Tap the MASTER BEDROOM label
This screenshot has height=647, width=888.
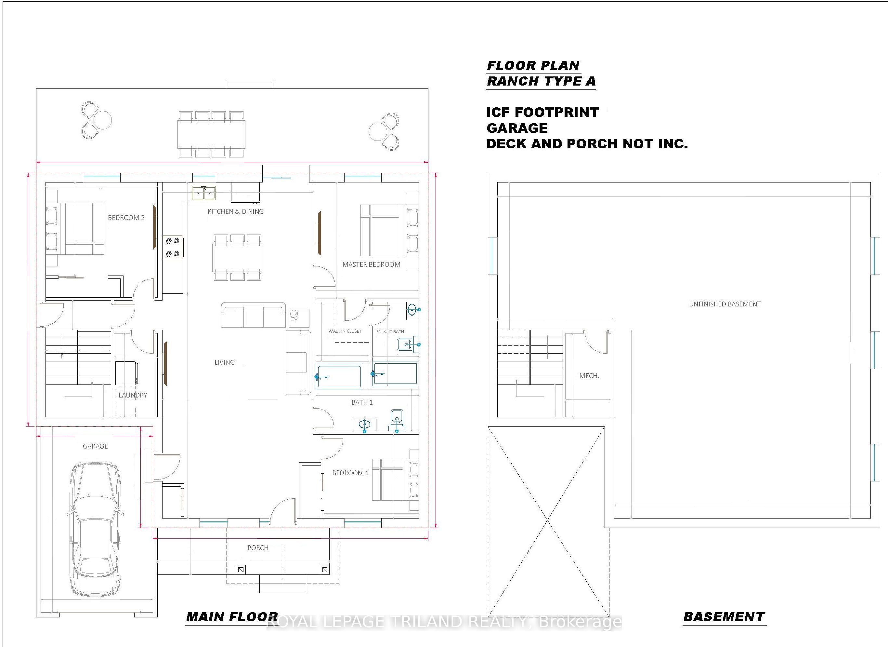tap(371, 264)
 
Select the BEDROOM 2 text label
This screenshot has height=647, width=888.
tap(126, 218)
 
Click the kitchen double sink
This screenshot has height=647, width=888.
tap(204, 193)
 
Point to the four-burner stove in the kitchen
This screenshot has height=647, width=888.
tap(173, 247)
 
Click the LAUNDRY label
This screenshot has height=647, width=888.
tap(133, 395)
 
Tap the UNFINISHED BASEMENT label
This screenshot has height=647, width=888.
tap(725, 304)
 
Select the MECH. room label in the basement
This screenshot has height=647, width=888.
tap(589, 376)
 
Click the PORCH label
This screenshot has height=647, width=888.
tap(258, 548)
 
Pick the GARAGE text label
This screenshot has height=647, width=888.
tap(95, 446)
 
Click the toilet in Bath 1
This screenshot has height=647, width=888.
tap(397, 420)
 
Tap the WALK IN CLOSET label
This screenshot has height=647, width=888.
tap(345, 331)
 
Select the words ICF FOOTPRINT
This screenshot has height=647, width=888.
tap(542, 113)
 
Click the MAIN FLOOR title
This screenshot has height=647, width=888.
tap(232, 617)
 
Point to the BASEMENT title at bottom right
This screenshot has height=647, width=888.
tap(724, 617)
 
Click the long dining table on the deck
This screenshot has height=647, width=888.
tap(211, 134)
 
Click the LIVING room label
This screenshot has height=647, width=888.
tap(224, 362)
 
